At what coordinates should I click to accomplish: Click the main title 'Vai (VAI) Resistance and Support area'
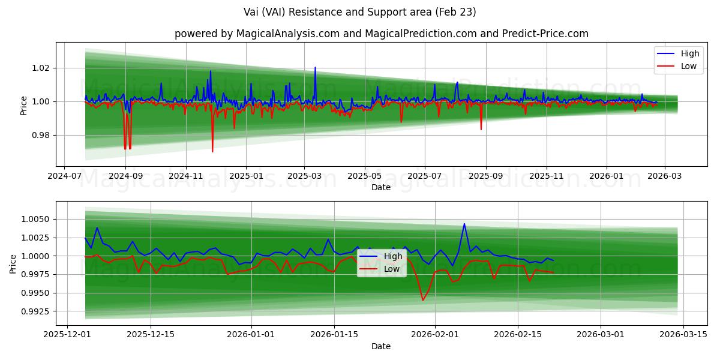tap(359, 12)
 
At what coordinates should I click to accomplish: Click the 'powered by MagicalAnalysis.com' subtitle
tap(381, 34)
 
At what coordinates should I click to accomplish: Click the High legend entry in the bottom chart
tap(393, 256)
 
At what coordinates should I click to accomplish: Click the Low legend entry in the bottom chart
tap(392, 269)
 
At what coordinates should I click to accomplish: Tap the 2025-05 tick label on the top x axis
tap(365, 177)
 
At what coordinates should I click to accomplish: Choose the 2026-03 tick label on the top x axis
tap(665, 177)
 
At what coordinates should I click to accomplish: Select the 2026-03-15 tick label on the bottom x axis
tap(685, 335)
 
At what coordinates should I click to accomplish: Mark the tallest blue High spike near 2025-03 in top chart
tap(315, 67)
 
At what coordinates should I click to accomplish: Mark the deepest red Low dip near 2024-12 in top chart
tap(212, 151)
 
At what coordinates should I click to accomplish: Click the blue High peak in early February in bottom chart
tap(464, 224)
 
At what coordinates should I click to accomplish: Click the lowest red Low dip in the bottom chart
tap(422, 300)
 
